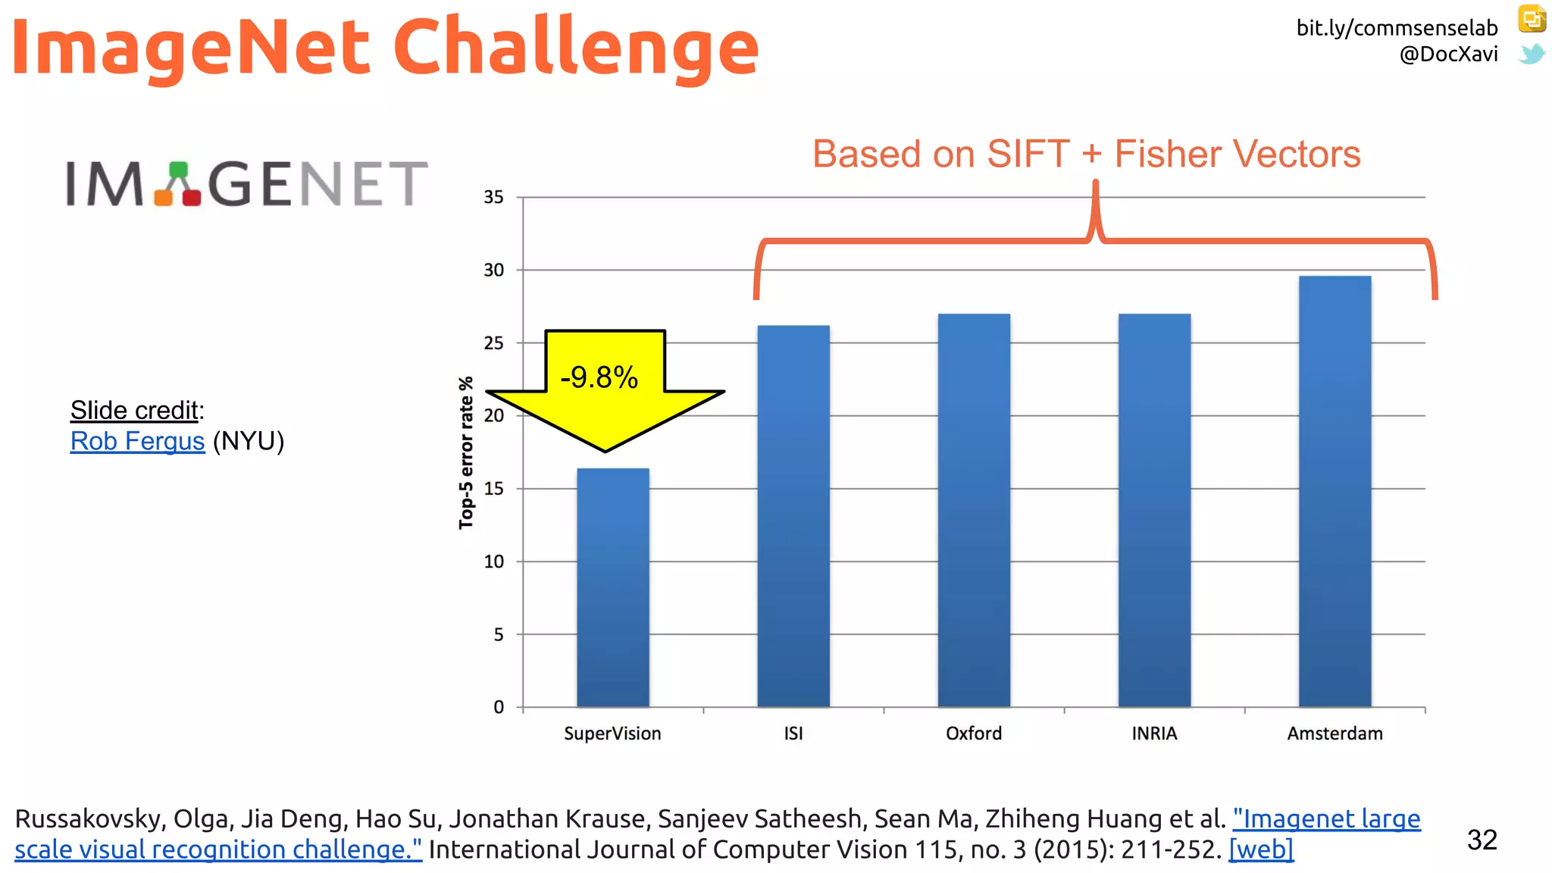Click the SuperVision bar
(x=612, y=587)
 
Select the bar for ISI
(x=793, y=515)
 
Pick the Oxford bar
(x=974, y=509)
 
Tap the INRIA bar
(x=1154, y=509)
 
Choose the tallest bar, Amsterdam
(x=1335, y=491)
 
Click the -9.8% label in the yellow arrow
(x=599, y=377)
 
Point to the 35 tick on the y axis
(x=493, y=197)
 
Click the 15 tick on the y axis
(x=493, y=489)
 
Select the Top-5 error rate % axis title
(x=466, y=452)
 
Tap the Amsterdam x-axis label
(x=1335, y=734)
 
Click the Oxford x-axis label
(x=974, y=734)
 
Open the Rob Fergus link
(x=137, y=441)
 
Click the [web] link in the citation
(x=1260, y=850)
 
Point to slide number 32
(x=1482, y=840)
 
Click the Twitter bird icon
(x=1532, y=55)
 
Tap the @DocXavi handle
(x=1448, y=55)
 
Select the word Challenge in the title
(x=575, y=47)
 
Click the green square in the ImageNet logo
(x=178, y=169)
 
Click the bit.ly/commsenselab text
(x=1397, y=28)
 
